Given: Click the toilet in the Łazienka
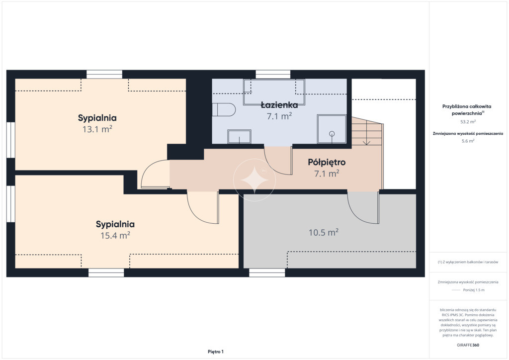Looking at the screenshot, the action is click(x=224, y=110).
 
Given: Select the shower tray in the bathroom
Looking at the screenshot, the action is click(x=332, y=129).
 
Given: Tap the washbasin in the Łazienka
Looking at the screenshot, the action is click(x=239, y=136).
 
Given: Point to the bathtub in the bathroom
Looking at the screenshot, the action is click(x=274, y=92).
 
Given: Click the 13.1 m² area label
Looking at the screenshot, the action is click(x=97, y=129).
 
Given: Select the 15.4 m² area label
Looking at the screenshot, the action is click(x=115, y=235).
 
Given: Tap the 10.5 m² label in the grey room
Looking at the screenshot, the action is click(x=324, y=232).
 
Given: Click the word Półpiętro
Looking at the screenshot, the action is click(x=327, y=162).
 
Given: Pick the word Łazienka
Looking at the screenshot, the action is click(x=279, y=105).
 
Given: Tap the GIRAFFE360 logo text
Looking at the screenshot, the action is click(x=468, y=345).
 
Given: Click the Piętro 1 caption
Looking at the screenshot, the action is click(x=216, y=352).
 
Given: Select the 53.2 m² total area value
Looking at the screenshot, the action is click(x=468, y=122).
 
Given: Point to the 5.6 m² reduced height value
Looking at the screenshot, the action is click(x=468, y=141).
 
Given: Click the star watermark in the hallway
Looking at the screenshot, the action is click(x=254, y=180).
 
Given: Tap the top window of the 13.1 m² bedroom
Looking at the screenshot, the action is click(x=104, y=75).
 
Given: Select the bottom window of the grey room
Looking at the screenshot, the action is click(x=267, y=272).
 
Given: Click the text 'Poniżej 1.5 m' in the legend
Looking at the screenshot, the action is click(x=474, y=290).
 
